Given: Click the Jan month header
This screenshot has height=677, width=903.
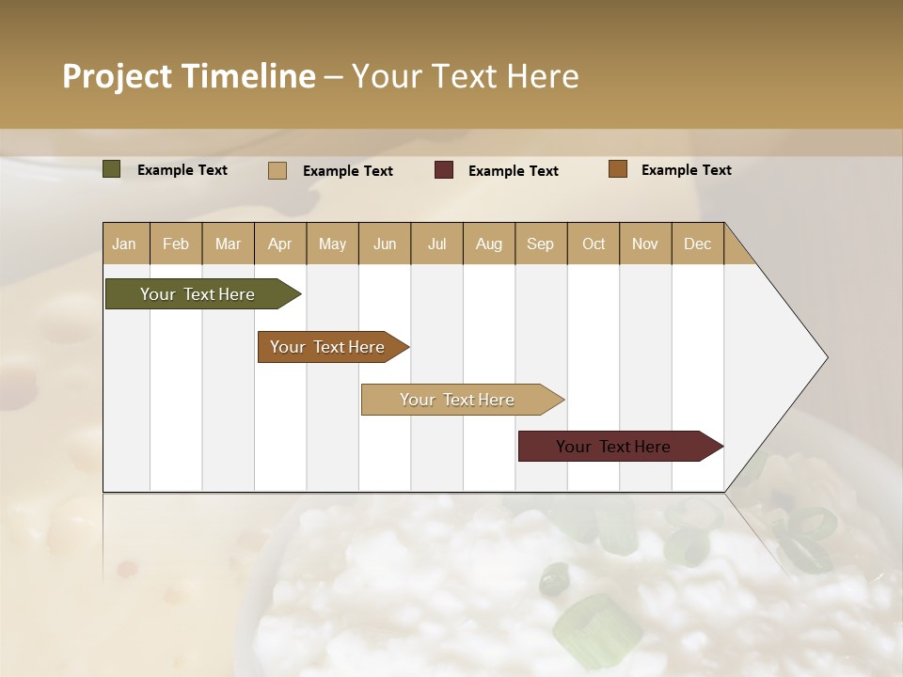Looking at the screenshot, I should [x=125, y=244].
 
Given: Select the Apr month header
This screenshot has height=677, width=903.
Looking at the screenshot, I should [x=279, y=244].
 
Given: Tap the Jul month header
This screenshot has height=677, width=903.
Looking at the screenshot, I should [x=436, y=244].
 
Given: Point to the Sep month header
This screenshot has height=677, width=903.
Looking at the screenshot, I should [x=540, y=244].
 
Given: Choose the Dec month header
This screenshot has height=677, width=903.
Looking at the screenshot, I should [x=697, y=244].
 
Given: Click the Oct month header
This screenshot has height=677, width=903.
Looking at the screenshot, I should [x=593, y=244].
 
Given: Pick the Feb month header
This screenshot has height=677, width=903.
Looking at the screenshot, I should [x=176, y=244].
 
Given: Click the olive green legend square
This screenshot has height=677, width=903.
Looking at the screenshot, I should [x=111, y=169].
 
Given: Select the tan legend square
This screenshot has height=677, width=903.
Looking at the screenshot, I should [x=277, y=170].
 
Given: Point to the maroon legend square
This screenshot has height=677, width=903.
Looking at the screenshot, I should [x=443, y=170].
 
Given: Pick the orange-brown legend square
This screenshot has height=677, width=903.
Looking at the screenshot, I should [x=617, y=169].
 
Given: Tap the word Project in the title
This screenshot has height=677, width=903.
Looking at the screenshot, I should [x=116, y=75].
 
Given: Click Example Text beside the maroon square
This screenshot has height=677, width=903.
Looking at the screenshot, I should [x=513, y=171].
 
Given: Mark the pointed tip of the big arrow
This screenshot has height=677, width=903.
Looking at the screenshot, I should [x=826, y=357].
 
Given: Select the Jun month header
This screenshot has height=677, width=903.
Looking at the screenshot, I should [x=384, y=244].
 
